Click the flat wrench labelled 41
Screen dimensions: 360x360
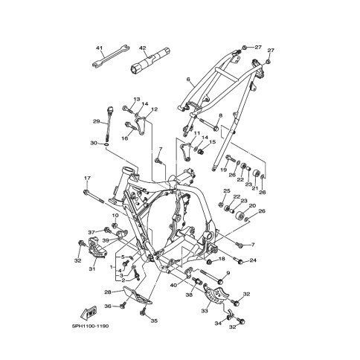[110, 56]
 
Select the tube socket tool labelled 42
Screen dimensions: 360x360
[150, 60]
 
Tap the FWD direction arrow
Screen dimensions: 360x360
[89, 313]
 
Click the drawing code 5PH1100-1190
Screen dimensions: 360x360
[90, 326]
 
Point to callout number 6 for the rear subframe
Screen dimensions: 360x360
[188, 79]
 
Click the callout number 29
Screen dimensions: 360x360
[96, 121]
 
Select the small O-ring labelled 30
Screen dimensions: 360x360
[106, 144]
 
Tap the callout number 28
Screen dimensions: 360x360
[108, 292]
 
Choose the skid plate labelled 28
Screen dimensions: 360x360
[137, 297]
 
